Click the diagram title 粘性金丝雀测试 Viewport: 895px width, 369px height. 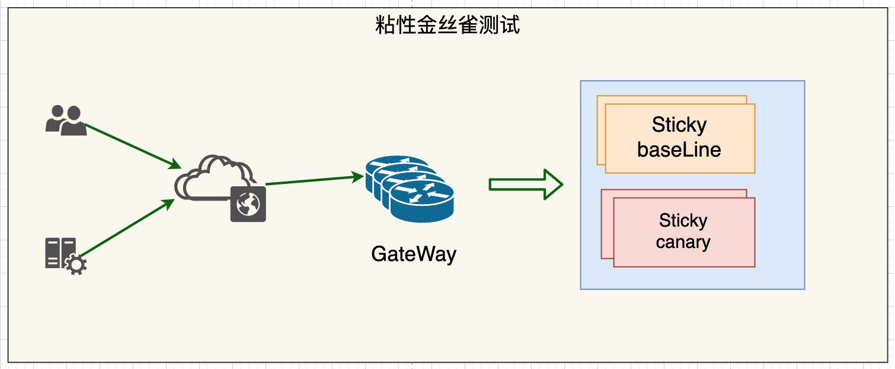click(447, 26)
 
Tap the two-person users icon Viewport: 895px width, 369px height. click(66, 120)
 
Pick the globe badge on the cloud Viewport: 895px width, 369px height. click(248, 204)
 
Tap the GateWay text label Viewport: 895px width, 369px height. click(414, 254)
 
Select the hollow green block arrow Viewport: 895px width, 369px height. click(525, 184)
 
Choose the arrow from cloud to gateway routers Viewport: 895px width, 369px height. click(314, 180)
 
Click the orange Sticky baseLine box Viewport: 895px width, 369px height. click(680, 138)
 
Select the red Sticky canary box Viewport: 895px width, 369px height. click(683, 232)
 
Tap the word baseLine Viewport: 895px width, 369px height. click(679, 149)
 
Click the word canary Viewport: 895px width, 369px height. click(683, 242)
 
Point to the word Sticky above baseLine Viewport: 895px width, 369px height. click(679, 125)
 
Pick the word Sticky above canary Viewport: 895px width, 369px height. click(683, 221)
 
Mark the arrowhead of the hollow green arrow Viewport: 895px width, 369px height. click(552, 184)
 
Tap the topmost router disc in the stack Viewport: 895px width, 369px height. click(397, 166)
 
